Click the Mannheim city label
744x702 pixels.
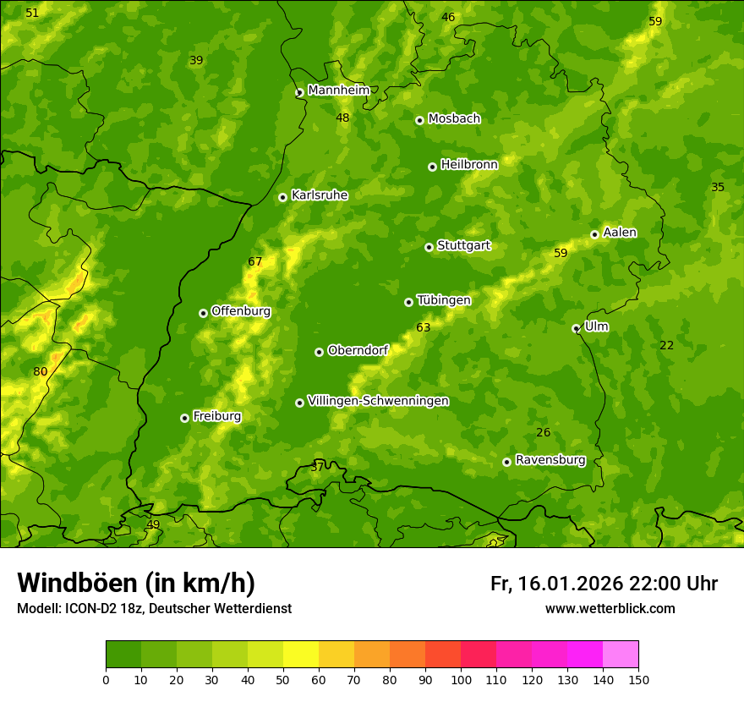(338, 90)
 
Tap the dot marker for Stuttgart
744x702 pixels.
(429, 247)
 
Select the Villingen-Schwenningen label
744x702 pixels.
(378, 401)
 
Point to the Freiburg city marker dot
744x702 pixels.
(184, 418)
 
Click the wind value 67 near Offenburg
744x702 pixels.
(255, 262)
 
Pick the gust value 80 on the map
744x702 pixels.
(41, 372)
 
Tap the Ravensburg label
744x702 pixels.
(550, 460)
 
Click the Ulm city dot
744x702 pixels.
(576, 328)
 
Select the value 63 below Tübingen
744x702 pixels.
(424, 327)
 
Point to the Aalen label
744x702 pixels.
(620, 233)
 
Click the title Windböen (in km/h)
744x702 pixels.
(136, 583)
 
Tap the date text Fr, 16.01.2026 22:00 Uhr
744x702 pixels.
(604, 584)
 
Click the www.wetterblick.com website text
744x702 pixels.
(610, 608)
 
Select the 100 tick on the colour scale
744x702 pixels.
(461, 679)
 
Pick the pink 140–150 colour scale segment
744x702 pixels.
(621, 655)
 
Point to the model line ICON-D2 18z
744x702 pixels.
(154, 608)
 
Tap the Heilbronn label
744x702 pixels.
(469, 165)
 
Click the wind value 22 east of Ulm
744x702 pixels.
(667, 345)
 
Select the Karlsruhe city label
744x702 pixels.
(319, 195)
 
